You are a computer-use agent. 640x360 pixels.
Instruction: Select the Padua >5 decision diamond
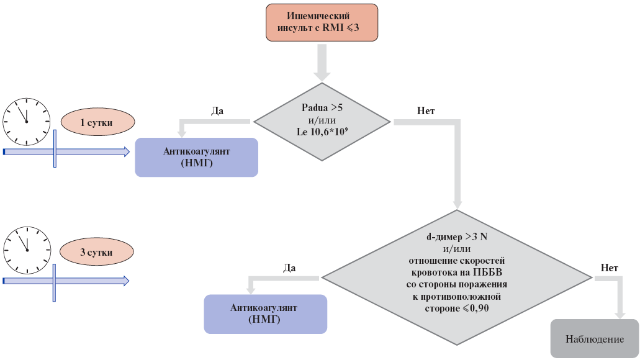322,122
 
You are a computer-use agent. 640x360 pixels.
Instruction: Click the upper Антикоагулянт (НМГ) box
196,157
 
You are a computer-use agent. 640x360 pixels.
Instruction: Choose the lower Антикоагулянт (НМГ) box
265,313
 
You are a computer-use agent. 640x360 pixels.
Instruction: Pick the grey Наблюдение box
594,339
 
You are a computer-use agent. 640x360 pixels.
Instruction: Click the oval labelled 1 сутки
96,123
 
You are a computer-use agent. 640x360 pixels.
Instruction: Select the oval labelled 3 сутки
96,253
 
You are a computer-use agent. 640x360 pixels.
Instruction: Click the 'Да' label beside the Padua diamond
217,111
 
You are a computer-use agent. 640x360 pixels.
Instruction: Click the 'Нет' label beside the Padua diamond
426,111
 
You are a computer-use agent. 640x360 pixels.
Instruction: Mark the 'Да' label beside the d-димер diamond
289,268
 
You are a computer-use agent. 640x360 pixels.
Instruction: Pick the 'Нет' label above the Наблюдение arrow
610,268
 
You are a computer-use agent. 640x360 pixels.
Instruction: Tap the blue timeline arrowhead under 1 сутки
125,151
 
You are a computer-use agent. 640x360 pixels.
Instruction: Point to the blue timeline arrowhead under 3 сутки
125,281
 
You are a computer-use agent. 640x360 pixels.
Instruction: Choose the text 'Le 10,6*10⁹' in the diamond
321,132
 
